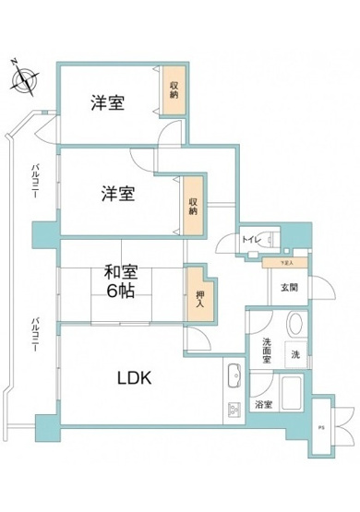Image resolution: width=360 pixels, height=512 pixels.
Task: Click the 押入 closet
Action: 195,297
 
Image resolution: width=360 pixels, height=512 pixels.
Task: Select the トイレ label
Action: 248,239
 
